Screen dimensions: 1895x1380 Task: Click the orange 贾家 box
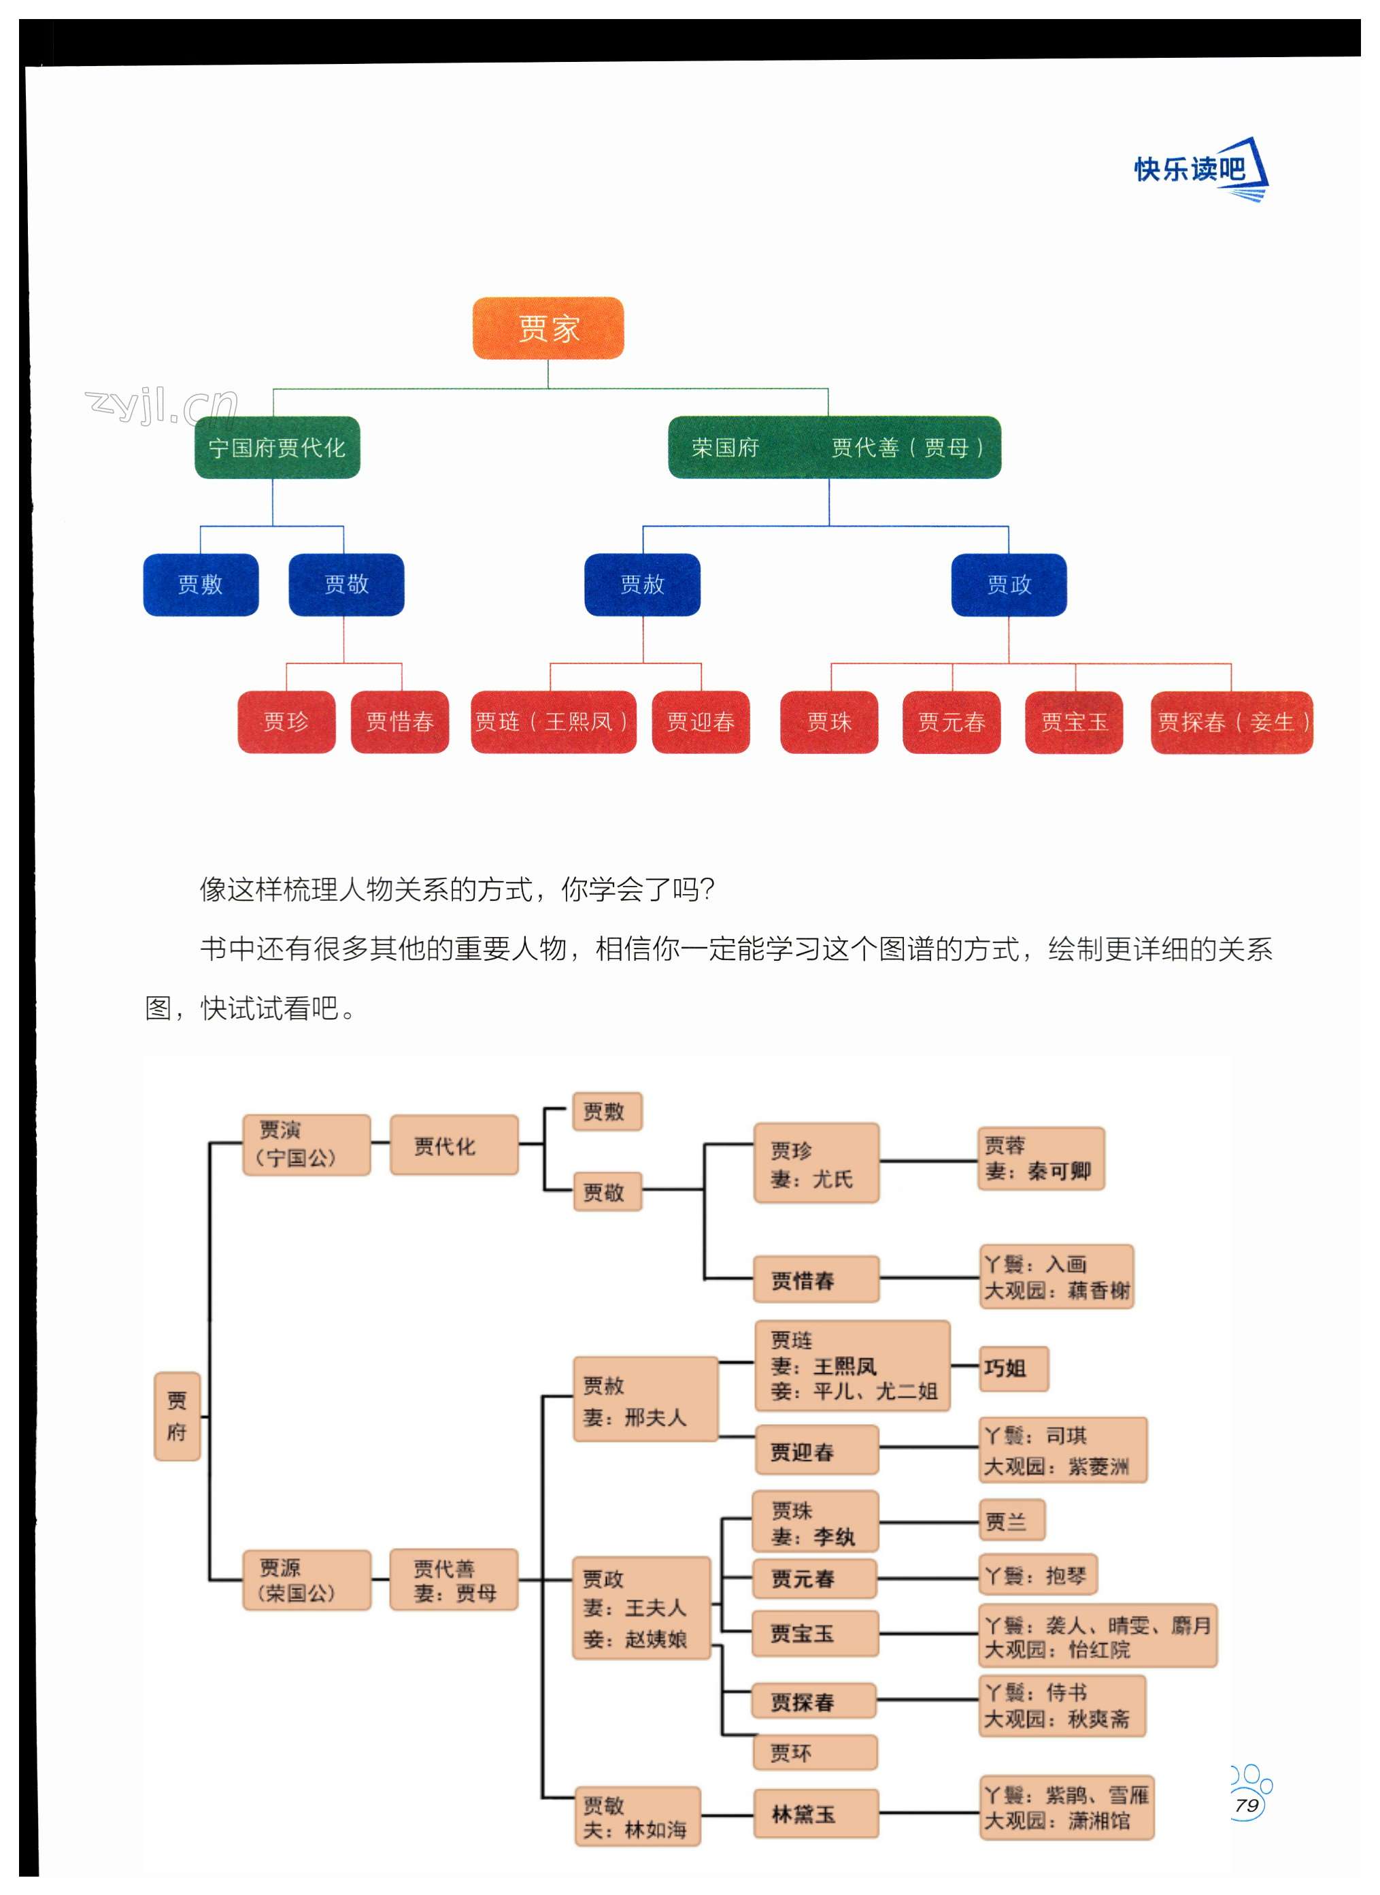pyautogui.click(x=548, y=329)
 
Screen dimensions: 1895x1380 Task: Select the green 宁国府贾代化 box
pyautogui.click(x=277, y=448)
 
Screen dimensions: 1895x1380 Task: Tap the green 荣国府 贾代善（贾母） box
pyautogui.click(x=834, y=448)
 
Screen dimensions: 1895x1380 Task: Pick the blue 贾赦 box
pyautogui.click(x=642, y=585)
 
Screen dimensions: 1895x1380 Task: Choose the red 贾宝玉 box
pyautogui.click(x=1073, y=722)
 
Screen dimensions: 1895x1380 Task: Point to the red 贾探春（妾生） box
pyautogui.click(x=1231, y=722)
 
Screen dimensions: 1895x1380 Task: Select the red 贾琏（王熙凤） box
pyautogui.click(x=553, y=722)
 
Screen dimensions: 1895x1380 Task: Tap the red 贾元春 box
pyautogui.click(x=952, y=722)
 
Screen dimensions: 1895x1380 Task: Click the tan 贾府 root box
pyautogui.click(x=177, y=1416)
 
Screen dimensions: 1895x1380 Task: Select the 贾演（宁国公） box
pyautogui.click(x=306, y=1144)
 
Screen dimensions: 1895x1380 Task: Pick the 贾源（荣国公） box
pyautogui.click(x=306, y=1580)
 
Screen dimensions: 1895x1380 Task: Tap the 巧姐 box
pyautogui.click(x=1013, y=1368)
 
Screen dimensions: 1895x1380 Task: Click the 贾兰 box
pyautogui.click(x=1011, y=1521)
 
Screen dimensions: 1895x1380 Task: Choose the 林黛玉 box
pyautogui.click(x=815, y=1813)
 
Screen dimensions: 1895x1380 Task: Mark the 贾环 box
pyautogui.click(x=815, y=1752)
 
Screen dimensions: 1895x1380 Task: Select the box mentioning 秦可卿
pyautogui.click(x=1041, y=1158)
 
